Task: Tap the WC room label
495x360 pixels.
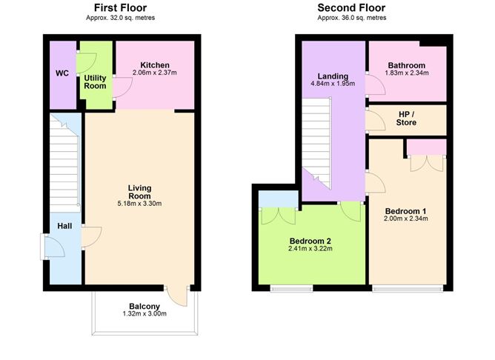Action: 62,74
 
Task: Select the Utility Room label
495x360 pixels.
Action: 95,81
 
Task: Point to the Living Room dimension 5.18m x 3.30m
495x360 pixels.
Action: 139,204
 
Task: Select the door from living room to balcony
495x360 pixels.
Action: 177,294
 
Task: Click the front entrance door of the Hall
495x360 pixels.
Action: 52,247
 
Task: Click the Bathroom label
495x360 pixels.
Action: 406,65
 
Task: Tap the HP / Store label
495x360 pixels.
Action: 406,119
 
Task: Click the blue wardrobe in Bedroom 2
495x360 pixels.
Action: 279,198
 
